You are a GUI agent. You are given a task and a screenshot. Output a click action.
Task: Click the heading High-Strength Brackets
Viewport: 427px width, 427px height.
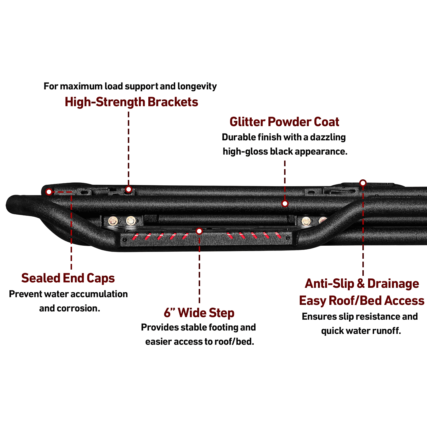tap(132, 102)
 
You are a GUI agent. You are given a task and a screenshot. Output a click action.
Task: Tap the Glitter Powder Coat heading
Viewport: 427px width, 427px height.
tap(284, 122)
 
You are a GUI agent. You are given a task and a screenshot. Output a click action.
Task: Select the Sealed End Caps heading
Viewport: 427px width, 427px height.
tap(68, 278)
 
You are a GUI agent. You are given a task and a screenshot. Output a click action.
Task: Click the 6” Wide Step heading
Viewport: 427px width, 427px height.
tap(199, 313)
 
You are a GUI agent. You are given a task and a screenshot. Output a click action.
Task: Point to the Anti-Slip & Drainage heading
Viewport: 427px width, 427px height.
tap(362, 284)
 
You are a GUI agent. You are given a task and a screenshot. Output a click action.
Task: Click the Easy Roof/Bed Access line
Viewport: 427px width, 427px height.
tap(362, 301)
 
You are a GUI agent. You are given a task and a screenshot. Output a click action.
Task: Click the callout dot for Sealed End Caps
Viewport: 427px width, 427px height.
tap(49, 192)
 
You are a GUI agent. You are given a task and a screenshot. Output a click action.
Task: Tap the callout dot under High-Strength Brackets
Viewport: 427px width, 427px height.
tap(129, 189)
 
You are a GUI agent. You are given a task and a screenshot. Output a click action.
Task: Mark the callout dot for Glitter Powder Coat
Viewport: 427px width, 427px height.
tap(285, 204)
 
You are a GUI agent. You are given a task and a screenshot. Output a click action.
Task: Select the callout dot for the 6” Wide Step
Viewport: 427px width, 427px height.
tap(199, 231)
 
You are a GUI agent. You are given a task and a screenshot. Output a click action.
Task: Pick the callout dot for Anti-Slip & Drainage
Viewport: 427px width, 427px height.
tap(363, 183)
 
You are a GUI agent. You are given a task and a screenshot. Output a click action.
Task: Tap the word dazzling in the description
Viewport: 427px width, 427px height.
tap(328, 137)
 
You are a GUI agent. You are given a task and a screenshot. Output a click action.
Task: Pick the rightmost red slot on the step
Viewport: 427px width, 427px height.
tap(279, 235)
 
